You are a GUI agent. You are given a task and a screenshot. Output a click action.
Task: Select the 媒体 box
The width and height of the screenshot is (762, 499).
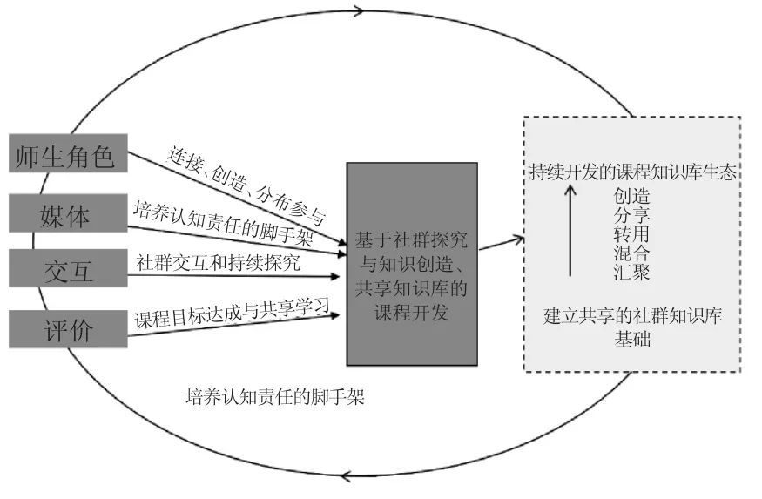[66, 214]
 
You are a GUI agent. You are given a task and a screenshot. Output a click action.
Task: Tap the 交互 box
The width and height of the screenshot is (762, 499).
[66, 272]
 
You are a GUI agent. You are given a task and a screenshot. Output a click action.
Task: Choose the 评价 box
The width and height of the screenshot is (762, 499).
[66, 330]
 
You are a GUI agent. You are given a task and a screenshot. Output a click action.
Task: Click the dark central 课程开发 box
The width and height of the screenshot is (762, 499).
[411, 264]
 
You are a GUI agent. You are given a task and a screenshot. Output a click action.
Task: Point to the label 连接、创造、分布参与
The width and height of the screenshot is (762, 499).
[246, 185]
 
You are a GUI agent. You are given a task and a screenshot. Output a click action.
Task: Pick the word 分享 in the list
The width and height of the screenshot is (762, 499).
[631, 214]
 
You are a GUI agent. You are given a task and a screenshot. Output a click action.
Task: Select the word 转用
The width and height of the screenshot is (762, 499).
[631, 234]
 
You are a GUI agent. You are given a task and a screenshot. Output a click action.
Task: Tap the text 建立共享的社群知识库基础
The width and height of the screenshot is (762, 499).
[632, 327]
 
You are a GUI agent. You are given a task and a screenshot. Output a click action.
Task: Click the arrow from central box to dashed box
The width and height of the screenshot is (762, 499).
[500, 243]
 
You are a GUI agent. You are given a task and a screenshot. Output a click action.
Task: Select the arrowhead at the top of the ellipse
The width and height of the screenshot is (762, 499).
[357, 11]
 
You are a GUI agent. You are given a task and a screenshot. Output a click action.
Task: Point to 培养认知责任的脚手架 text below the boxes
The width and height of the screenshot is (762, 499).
[274, 399]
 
